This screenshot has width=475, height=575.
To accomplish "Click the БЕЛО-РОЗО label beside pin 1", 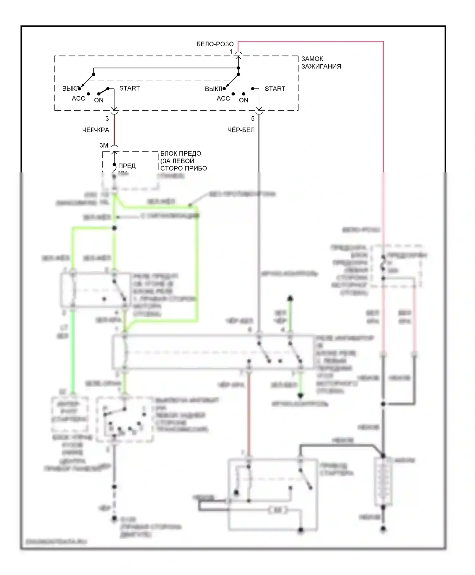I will (x=215, y=44).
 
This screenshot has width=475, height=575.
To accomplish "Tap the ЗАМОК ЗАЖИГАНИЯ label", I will (x=321, y=62).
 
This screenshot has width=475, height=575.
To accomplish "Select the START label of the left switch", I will (x=129, y=88).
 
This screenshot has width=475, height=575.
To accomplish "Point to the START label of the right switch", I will (x=275, y=89).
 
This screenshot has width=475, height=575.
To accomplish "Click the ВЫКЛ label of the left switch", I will (x=70, y=88).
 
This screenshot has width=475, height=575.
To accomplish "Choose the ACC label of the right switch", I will (x=223, y=99).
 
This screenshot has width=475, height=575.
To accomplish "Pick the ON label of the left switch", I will (x=99, y=100).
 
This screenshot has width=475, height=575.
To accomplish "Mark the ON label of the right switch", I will (x=244, y=100).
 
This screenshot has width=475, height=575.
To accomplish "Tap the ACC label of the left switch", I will (x=78, y=99).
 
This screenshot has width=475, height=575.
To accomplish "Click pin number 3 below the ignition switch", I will (x=107, y=119).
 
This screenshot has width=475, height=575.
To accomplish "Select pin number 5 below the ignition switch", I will (x=253, y=119).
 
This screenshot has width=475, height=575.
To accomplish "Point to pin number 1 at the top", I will (x=231, y=51).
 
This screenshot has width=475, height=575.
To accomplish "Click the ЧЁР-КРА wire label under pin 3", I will (x=96, y=130).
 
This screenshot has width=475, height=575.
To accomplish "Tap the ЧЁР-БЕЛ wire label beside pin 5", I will (x=241, y=130).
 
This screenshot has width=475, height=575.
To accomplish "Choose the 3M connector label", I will (x=104, y=145).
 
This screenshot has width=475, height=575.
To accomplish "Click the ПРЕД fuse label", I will (x=127, y=166).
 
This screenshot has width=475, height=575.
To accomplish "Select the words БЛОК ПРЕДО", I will (x=180, y=153).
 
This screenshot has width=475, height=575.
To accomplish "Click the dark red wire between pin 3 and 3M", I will (x=114, y=130).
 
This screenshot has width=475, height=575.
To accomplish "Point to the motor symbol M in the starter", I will (x=278, y=510).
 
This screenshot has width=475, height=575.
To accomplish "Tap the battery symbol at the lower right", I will (x=383, y=482).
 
